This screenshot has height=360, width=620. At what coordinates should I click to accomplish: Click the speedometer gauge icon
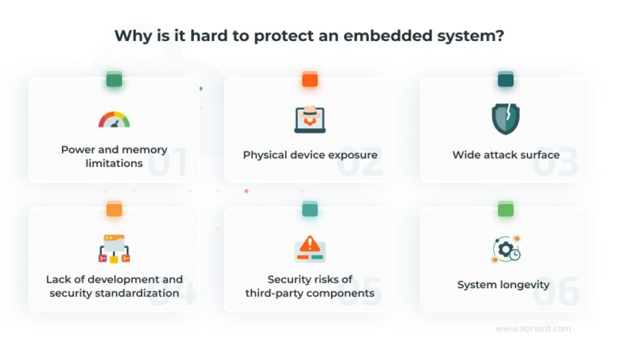click(x=114, y=119)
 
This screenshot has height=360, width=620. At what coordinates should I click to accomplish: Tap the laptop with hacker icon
click(x=310, y=119)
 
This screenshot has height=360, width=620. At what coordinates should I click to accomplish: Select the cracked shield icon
click(x=505, y=119)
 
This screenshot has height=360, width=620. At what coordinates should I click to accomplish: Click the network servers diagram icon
click(x=114, y=249)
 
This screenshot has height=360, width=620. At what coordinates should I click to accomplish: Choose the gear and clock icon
click(x=506, y=249)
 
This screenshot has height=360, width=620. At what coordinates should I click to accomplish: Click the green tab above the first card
click(x=114, y=79)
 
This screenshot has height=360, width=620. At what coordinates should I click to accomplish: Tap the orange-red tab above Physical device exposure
click(x=310, y=79)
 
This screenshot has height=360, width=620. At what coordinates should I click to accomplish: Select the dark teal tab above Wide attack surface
click(x=505, y=79)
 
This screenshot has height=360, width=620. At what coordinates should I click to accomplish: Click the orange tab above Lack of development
click(x=114, y=209)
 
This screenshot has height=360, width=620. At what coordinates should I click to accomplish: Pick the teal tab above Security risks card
click(x=310, y=209)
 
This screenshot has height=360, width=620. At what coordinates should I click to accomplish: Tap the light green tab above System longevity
click(x=505, y=209)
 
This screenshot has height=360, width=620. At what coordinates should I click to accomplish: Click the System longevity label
click(x=504, y=285)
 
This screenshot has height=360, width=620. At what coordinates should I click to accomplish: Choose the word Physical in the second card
click(x=266, y=154)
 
